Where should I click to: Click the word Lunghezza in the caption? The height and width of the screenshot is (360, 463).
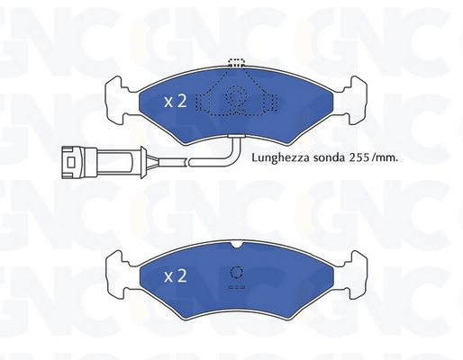pos(280,157)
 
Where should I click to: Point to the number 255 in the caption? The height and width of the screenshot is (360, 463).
pos(359,157)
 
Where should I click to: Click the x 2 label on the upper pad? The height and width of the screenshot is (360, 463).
pos(176,101)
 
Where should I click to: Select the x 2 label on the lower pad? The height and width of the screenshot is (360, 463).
pos(176,275)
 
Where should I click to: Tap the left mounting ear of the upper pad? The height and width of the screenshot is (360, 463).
pos(117,100)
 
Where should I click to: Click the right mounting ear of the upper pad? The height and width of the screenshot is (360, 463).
pos(355,100)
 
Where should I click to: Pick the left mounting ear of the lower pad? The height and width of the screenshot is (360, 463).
pos(118,274)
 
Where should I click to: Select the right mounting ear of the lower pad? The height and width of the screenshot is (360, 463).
pos(355,274)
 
